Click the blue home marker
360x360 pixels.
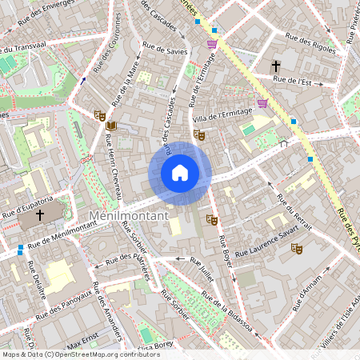pos(180,172)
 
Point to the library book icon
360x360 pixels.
pos(110,126)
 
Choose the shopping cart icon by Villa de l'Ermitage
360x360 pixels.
pos(262,103)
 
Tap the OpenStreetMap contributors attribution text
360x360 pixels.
pos(70,354)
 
